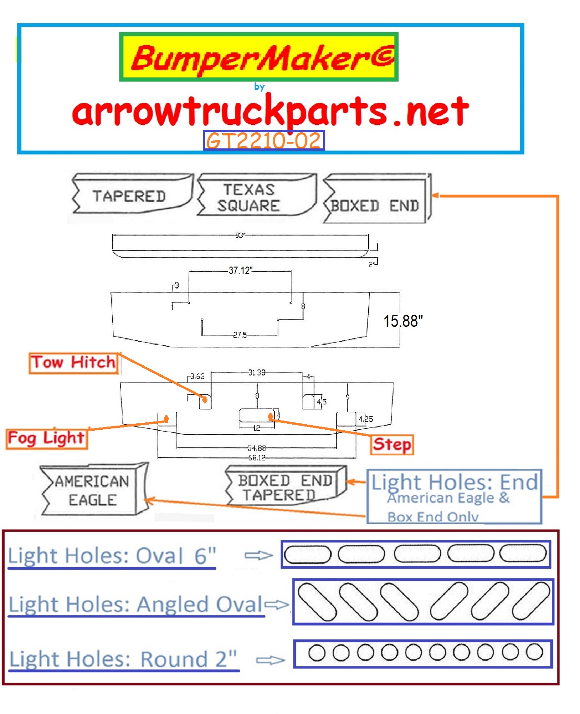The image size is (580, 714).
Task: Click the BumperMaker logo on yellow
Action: pos(259,57)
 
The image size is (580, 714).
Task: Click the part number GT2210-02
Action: pos(264,140)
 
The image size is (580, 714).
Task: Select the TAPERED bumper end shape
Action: pos(129,196)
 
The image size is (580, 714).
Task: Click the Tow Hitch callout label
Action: pos(73,362)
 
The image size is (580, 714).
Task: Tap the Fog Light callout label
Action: pos(46,438)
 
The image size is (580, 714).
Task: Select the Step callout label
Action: pos(392,444)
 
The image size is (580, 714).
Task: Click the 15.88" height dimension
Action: pos(403,321)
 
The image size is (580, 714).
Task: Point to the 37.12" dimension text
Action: pos(240,270)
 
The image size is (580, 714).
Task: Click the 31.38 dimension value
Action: pos(257,372)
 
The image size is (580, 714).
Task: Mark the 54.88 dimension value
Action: pos(257,448)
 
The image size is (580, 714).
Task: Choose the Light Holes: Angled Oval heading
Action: pos(136,604)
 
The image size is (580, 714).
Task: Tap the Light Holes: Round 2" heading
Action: pos(123,659)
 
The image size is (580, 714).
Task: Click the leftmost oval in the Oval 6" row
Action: pos(307,554)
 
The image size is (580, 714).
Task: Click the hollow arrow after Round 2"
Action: pos(270,660)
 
